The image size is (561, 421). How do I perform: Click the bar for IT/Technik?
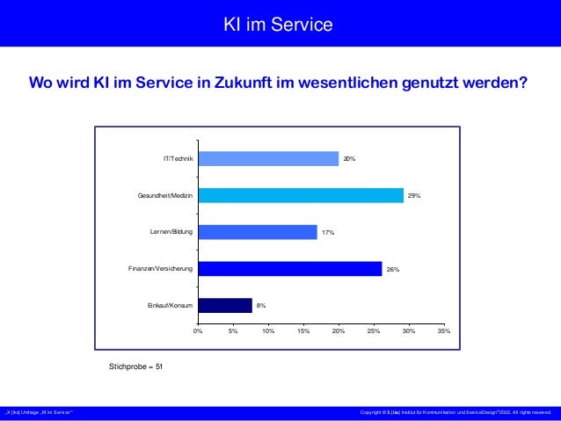[x=268, y=158]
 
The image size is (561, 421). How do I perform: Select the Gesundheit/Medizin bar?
[x=301, y=195]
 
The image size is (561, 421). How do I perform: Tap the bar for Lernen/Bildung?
[x=258, y=232]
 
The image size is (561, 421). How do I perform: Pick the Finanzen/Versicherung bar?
[x=290, y=269]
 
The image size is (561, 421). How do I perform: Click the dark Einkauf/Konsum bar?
[x=225, y=306]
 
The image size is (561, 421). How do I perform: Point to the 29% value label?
[x=414, y=195]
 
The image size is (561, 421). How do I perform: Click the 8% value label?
[x=261, y=306]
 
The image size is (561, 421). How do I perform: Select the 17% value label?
[x=328, y=233]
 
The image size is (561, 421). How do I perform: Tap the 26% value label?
[x=393, y=270]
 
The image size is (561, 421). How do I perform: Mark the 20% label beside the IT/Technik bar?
[x=349, y=159]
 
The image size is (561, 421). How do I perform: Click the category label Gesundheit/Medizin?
[x=164, y=195]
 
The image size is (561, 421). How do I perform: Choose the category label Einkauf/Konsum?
[x=170, y=306]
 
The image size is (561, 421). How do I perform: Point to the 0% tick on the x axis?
[x=198, y=331]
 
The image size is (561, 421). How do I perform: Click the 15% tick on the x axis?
[x=303, y=331]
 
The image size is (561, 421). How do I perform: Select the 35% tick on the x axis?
[x=444, y=331]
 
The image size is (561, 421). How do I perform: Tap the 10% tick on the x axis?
[x=268, y=331]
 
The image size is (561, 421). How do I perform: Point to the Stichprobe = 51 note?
[x=135, y=364]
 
